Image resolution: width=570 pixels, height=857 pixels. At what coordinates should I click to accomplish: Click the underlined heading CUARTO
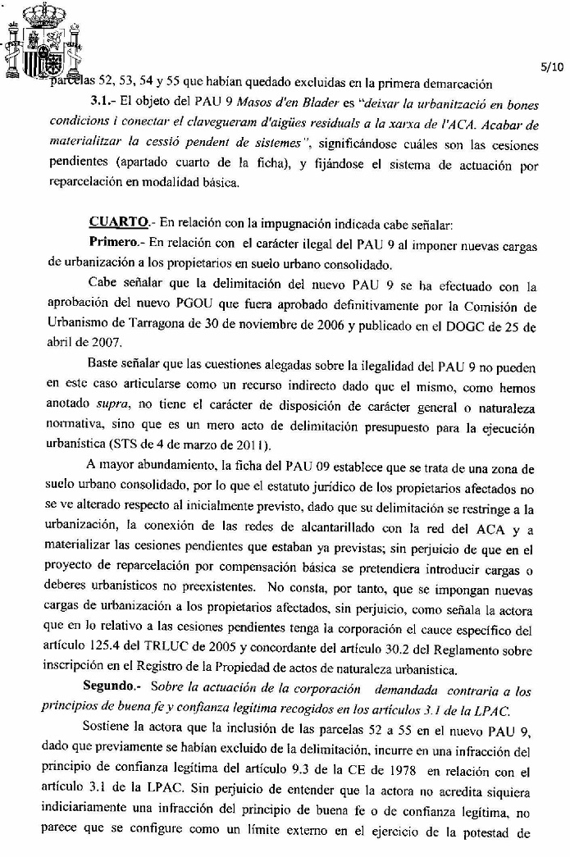click(117, 221)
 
